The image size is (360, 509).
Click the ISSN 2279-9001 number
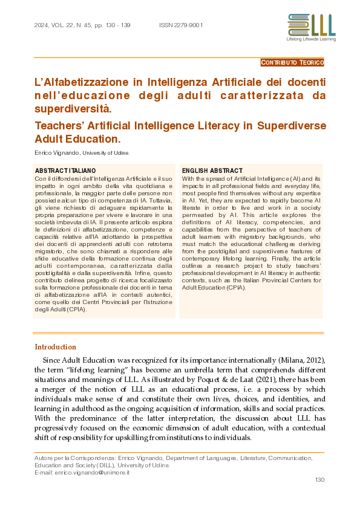181,25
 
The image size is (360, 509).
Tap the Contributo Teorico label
293,62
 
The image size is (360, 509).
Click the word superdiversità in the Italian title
73,109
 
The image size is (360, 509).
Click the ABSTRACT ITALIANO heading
65,171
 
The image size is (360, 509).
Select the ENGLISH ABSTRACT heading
212,171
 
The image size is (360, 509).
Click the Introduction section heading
56,347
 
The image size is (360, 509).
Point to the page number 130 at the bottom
320,480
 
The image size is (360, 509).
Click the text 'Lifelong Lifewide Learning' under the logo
311,39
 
